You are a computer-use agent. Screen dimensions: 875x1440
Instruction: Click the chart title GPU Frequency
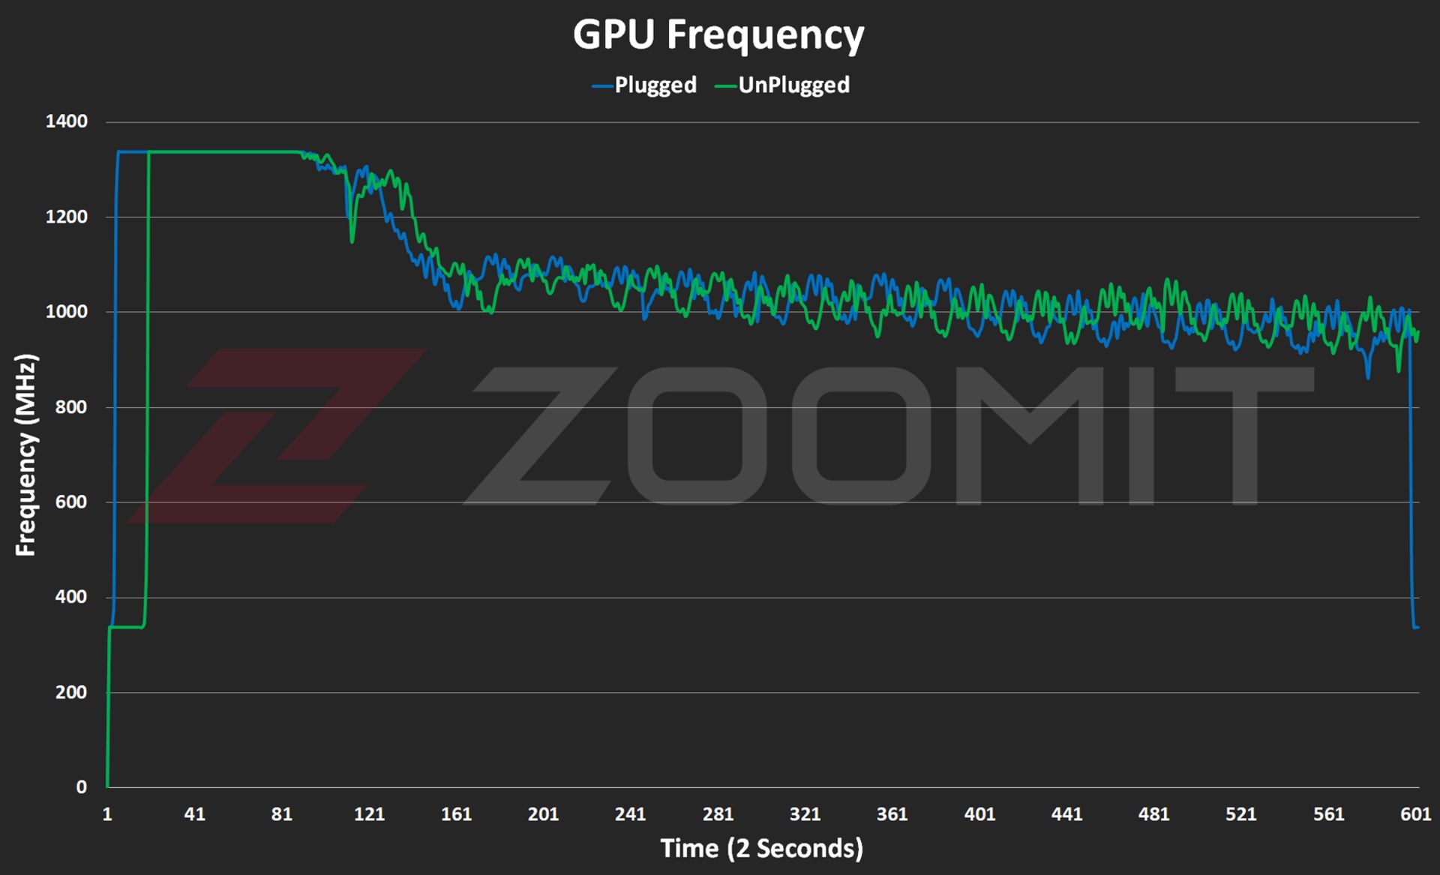[718, 34]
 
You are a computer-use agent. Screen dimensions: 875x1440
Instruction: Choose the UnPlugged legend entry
[783, 85]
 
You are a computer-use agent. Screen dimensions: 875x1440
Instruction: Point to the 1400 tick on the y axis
[66, 121]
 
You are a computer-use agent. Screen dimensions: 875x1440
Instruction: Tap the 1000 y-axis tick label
[66, 312]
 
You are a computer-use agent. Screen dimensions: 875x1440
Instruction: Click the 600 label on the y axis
[70, 502]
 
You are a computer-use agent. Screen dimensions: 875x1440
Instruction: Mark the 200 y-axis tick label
[70, 692]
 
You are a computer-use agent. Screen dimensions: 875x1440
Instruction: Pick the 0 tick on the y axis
[81, 787]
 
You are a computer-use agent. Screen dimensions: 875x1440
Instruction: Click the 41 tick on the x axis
[194, 814]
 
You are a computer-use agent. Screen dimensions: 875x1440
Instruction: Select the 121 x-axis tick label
[369, 814]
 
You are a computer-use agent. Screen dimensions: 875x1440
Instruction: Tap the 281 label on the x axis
[718, 814]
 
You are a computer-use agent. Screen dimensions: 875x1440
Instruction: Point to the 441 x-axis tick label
[1066, 814]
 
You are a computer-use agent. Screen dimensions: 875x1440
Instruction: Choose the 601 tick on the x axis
[1415, 814]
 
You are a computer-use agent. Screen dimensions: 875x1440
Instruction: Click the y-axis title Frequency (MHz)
[25, 455]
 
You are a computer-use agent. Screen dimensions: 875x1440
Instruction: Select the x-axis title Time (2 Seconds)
[761, 849]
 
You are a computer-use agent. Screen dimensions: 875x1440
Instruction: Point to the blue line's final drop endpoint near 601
[1416, 627]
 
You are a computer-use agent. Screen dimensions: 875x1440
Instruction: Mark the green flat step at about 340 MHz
[126, 627]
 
